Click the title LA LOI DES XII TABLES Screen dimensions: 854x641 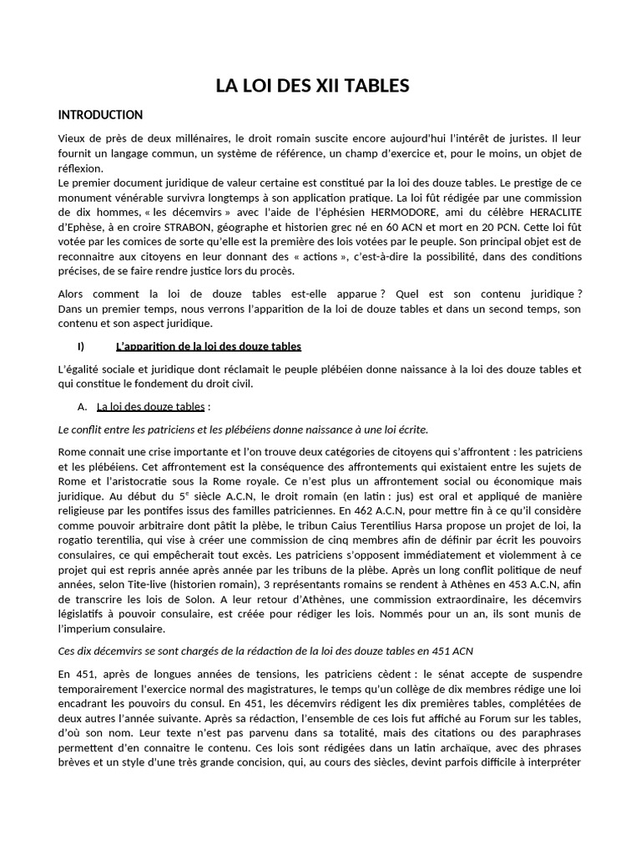(313, 85)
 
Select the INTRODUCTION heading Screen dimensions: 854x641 (100, 115)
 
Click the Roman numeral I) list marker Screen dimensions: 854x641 (81, 346)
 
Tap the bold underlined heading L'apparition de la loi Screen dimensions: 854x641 (208, 346)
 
